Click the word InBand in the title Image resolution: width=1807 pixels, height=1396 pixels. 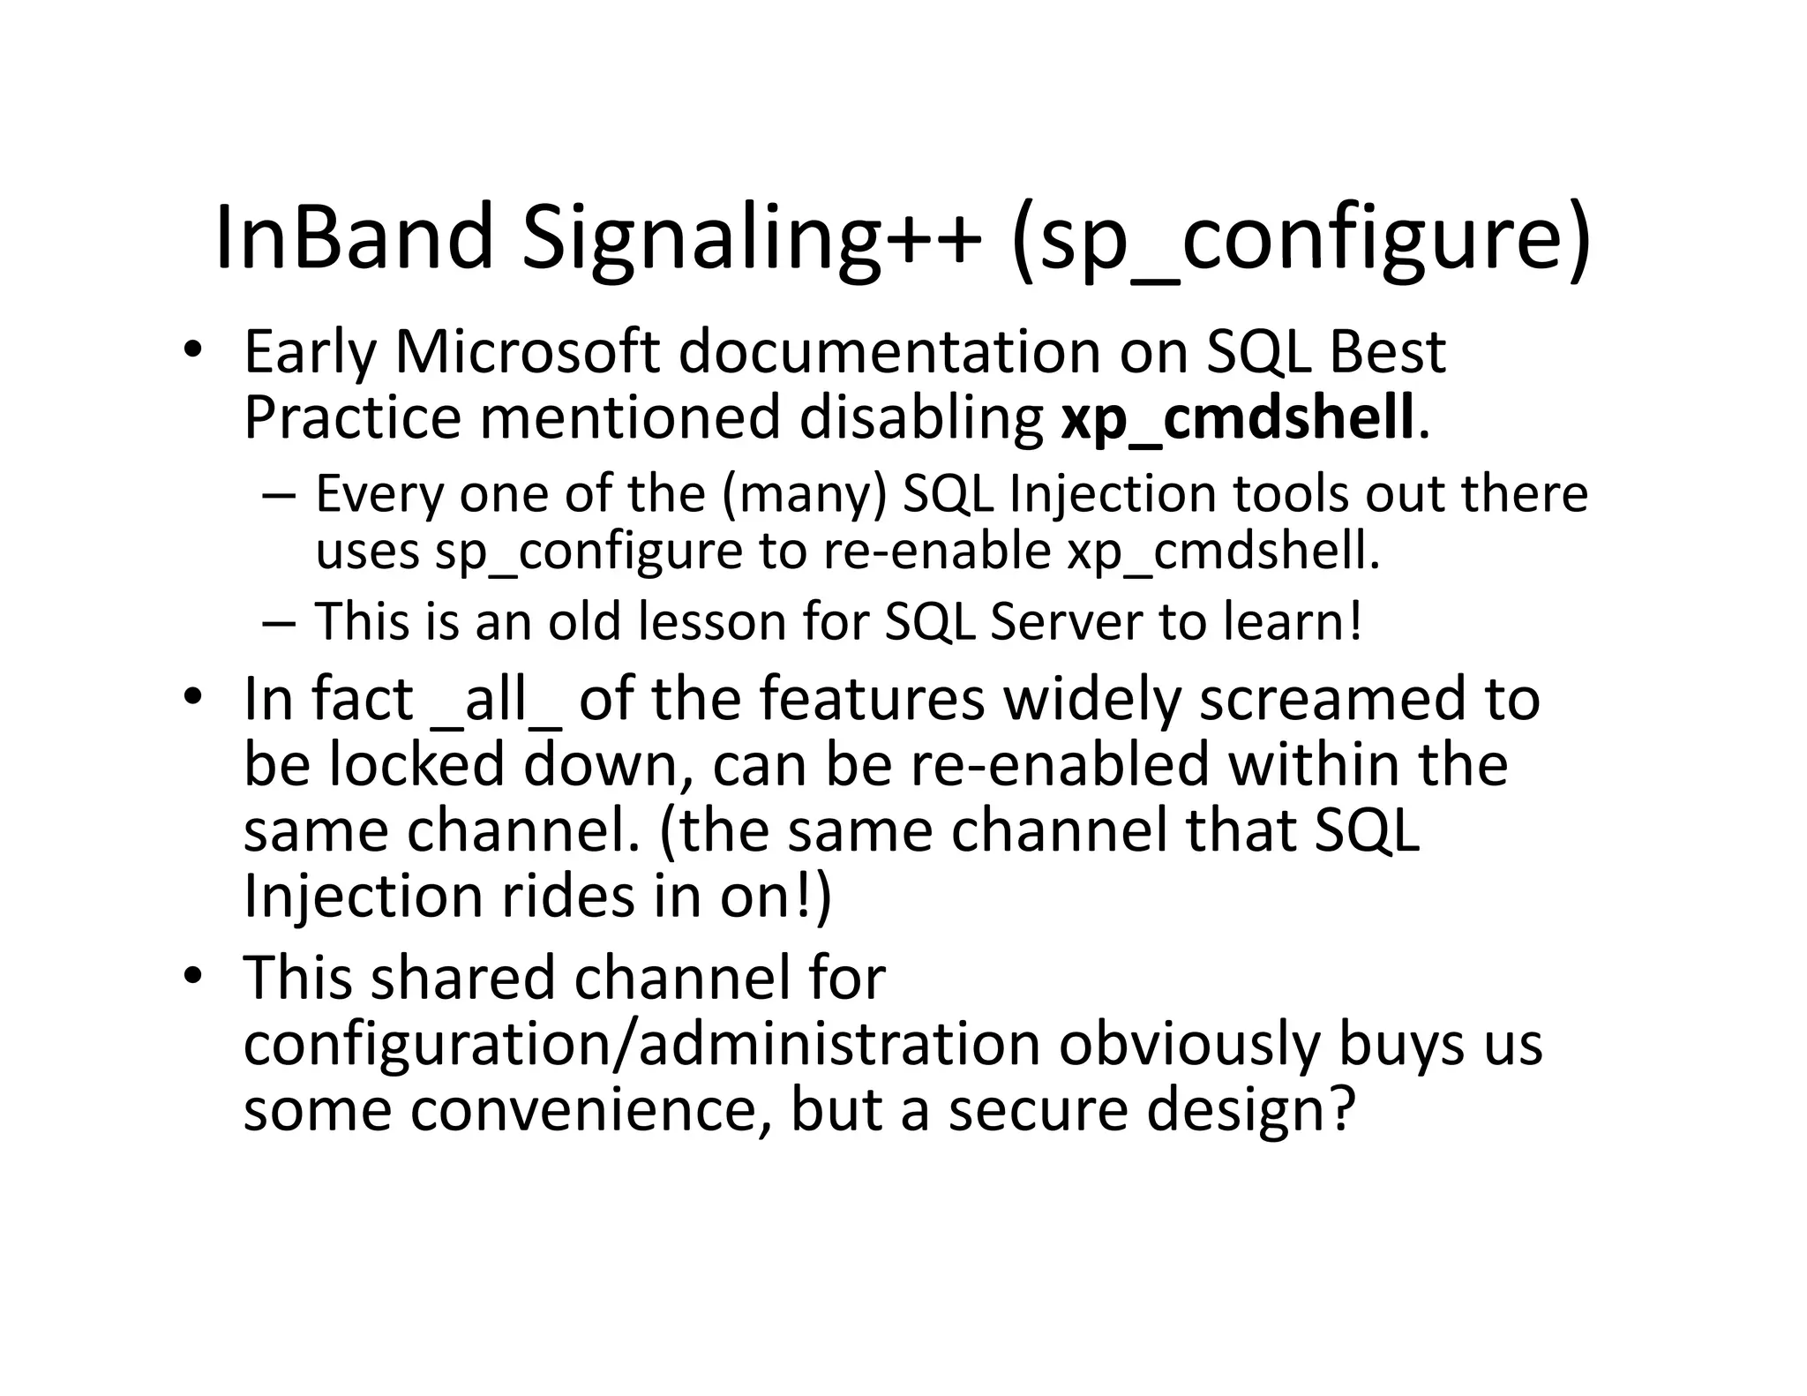(x=353, y=237)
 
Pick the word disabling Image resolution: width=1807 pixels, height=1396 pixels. (x=921, y=419)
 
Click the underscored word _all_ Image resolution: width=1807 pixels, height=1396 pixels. (x=498, y=700)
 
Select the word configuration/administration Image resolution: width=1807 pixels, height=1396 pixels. (x=641, y=1045)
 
